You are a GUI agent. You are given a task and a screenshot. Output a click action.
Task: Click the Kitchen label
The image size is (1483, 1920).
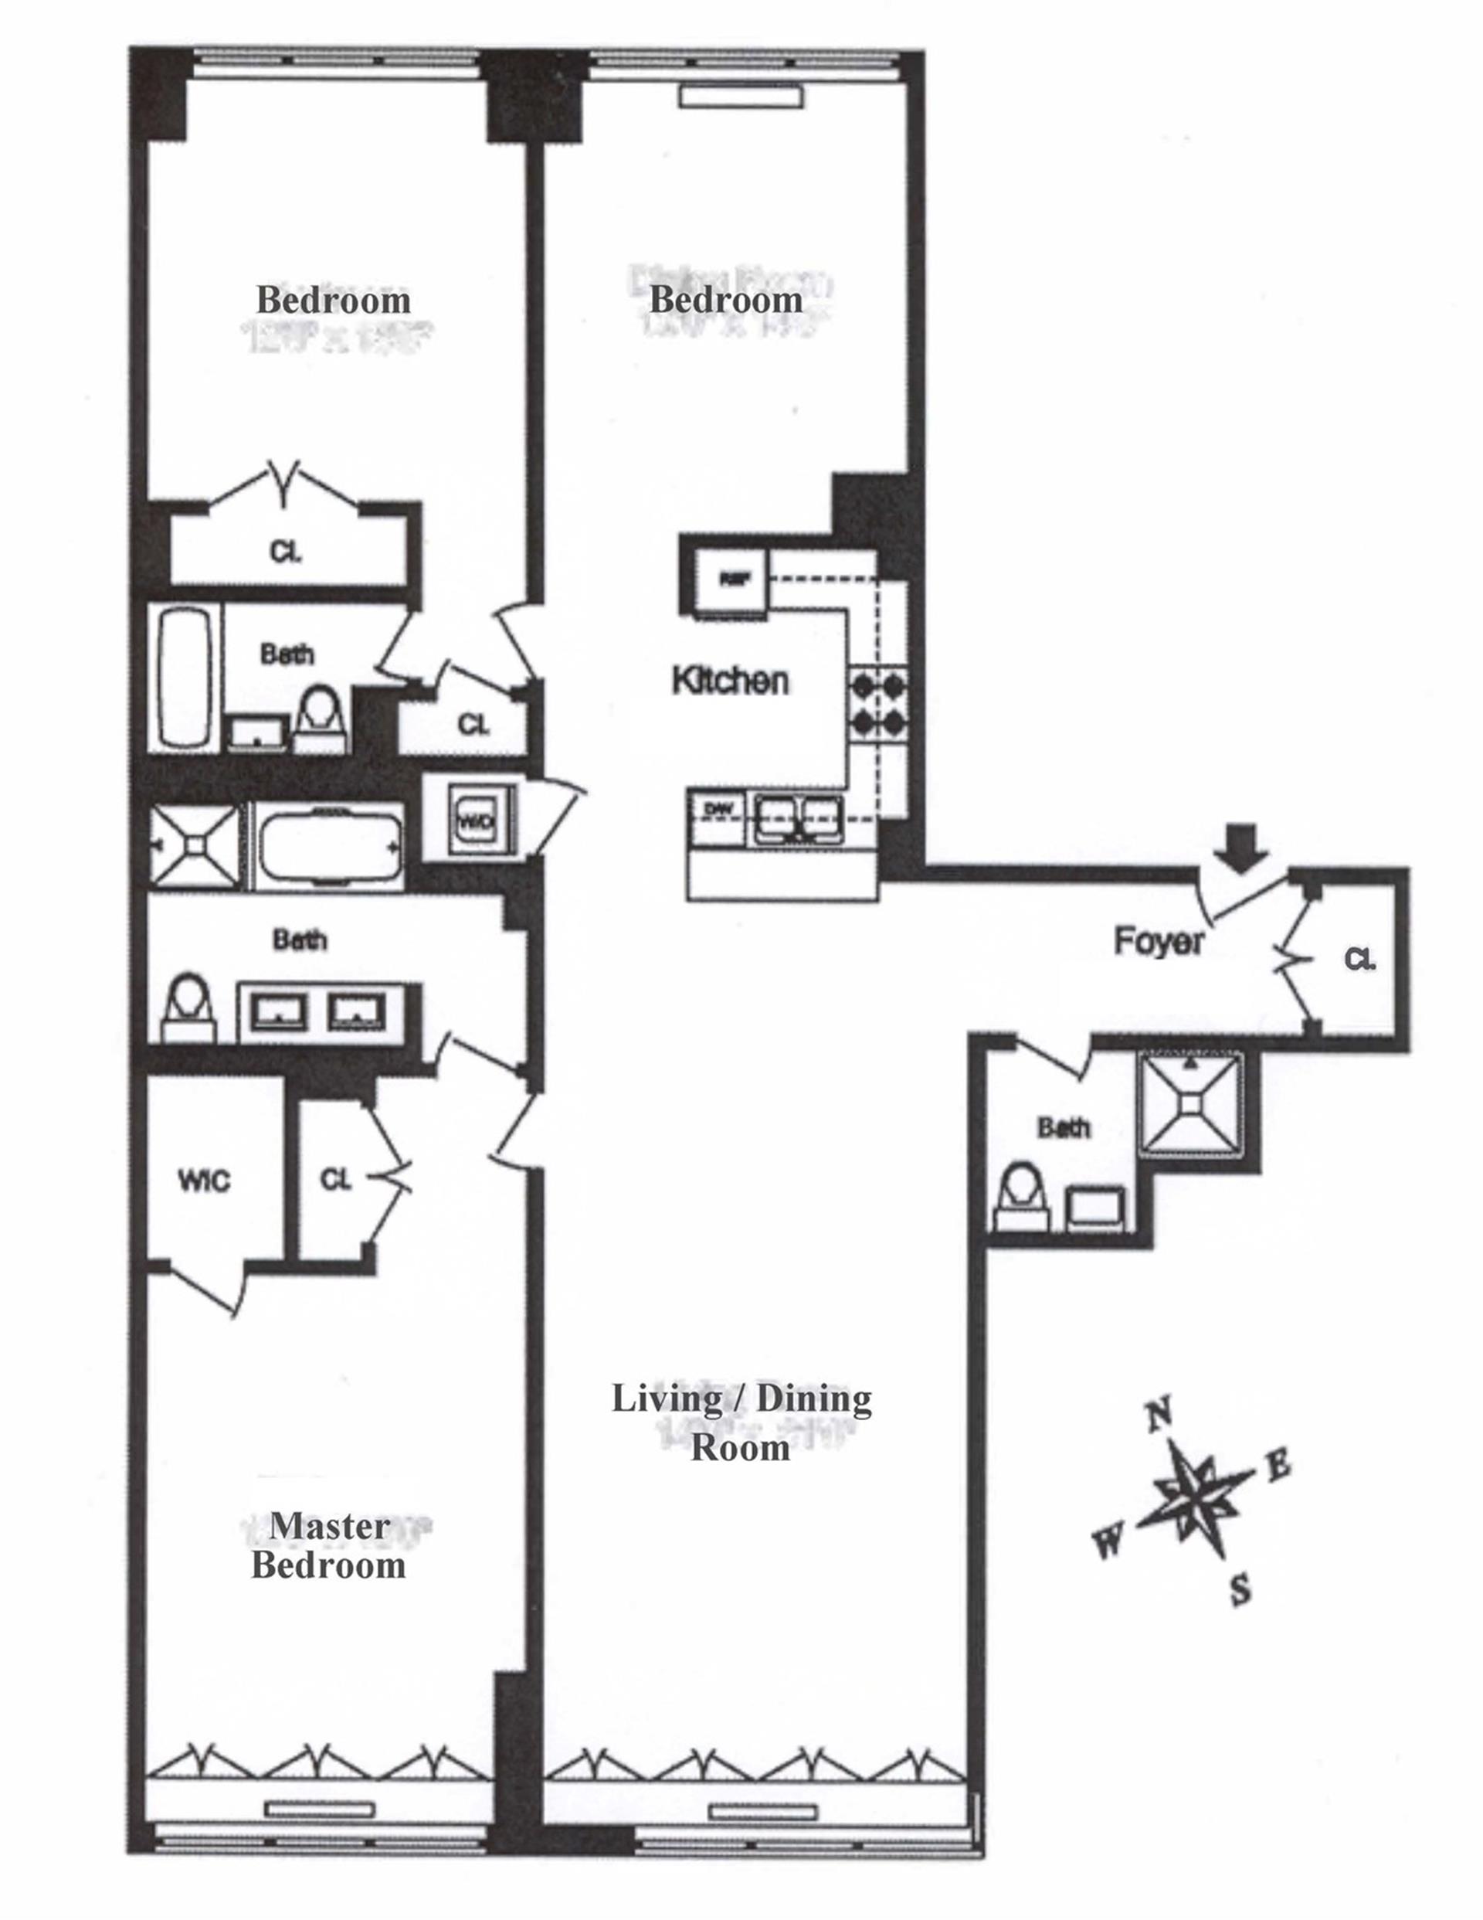pos(730,681)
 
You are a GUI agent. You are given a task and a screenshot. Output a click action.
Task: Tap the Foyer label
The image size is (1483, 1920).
pos(1159,942)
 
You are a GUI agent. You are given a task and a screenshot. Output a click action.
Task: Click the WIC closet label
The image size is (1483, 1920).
pos(204,1181)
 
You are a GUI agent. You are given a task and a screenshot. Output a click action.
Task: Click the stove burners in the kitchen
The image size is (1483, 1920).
pos(878,702)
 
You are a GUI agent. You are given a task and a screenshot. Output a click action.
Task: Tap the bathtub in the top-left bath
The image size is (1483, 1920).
pos(185,677)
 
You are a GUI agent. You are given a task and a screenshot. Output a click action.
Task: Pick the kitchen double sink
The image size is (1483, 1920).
pos(796,819)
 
